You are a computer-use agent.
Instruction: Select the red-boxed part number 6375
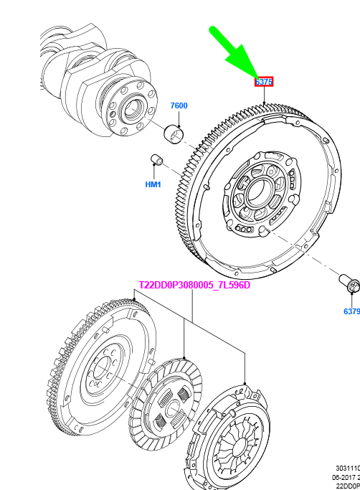coord(264,83)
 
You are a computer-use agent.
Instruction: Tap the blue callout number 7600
coord(179,106)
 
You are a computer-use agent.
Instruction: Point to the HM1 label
coord(153,184)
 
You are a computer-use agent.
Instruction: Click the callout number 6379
coord(351,311)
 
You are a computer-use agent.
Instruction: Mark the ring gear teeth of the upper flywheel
coord(188,179)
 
